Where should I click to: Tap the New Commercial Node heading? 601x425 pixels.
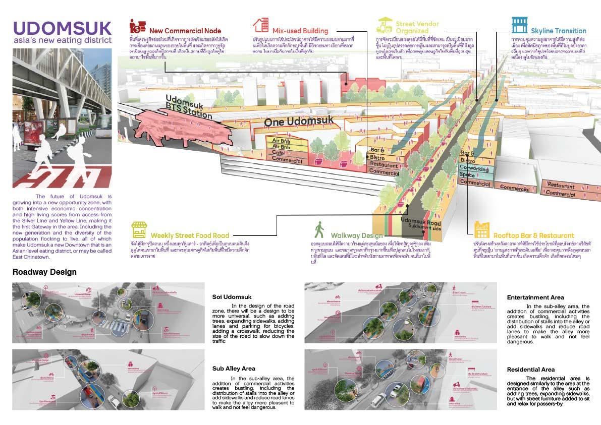pyautogui.click(x=185, y=31)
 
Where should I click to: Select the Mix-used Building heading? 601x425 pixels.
pyautogui.click(x=300, y=31)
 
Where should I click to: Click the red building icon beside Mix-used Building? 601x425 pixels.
pyautogui.click(x=260, y=25)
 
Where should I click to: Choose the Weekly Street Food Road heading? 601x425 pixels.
pyautogui.click(x=190, y=235)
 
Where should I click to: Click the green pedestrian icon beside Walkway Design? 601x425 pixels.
pyautogui.click(x=319, y=230)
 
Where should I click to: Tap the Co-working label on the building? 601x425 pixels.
pyautogui.click(x=476, y=167)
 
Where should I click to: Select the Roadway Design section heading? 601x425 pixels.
pyautogui.click(x=44, y=272)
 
